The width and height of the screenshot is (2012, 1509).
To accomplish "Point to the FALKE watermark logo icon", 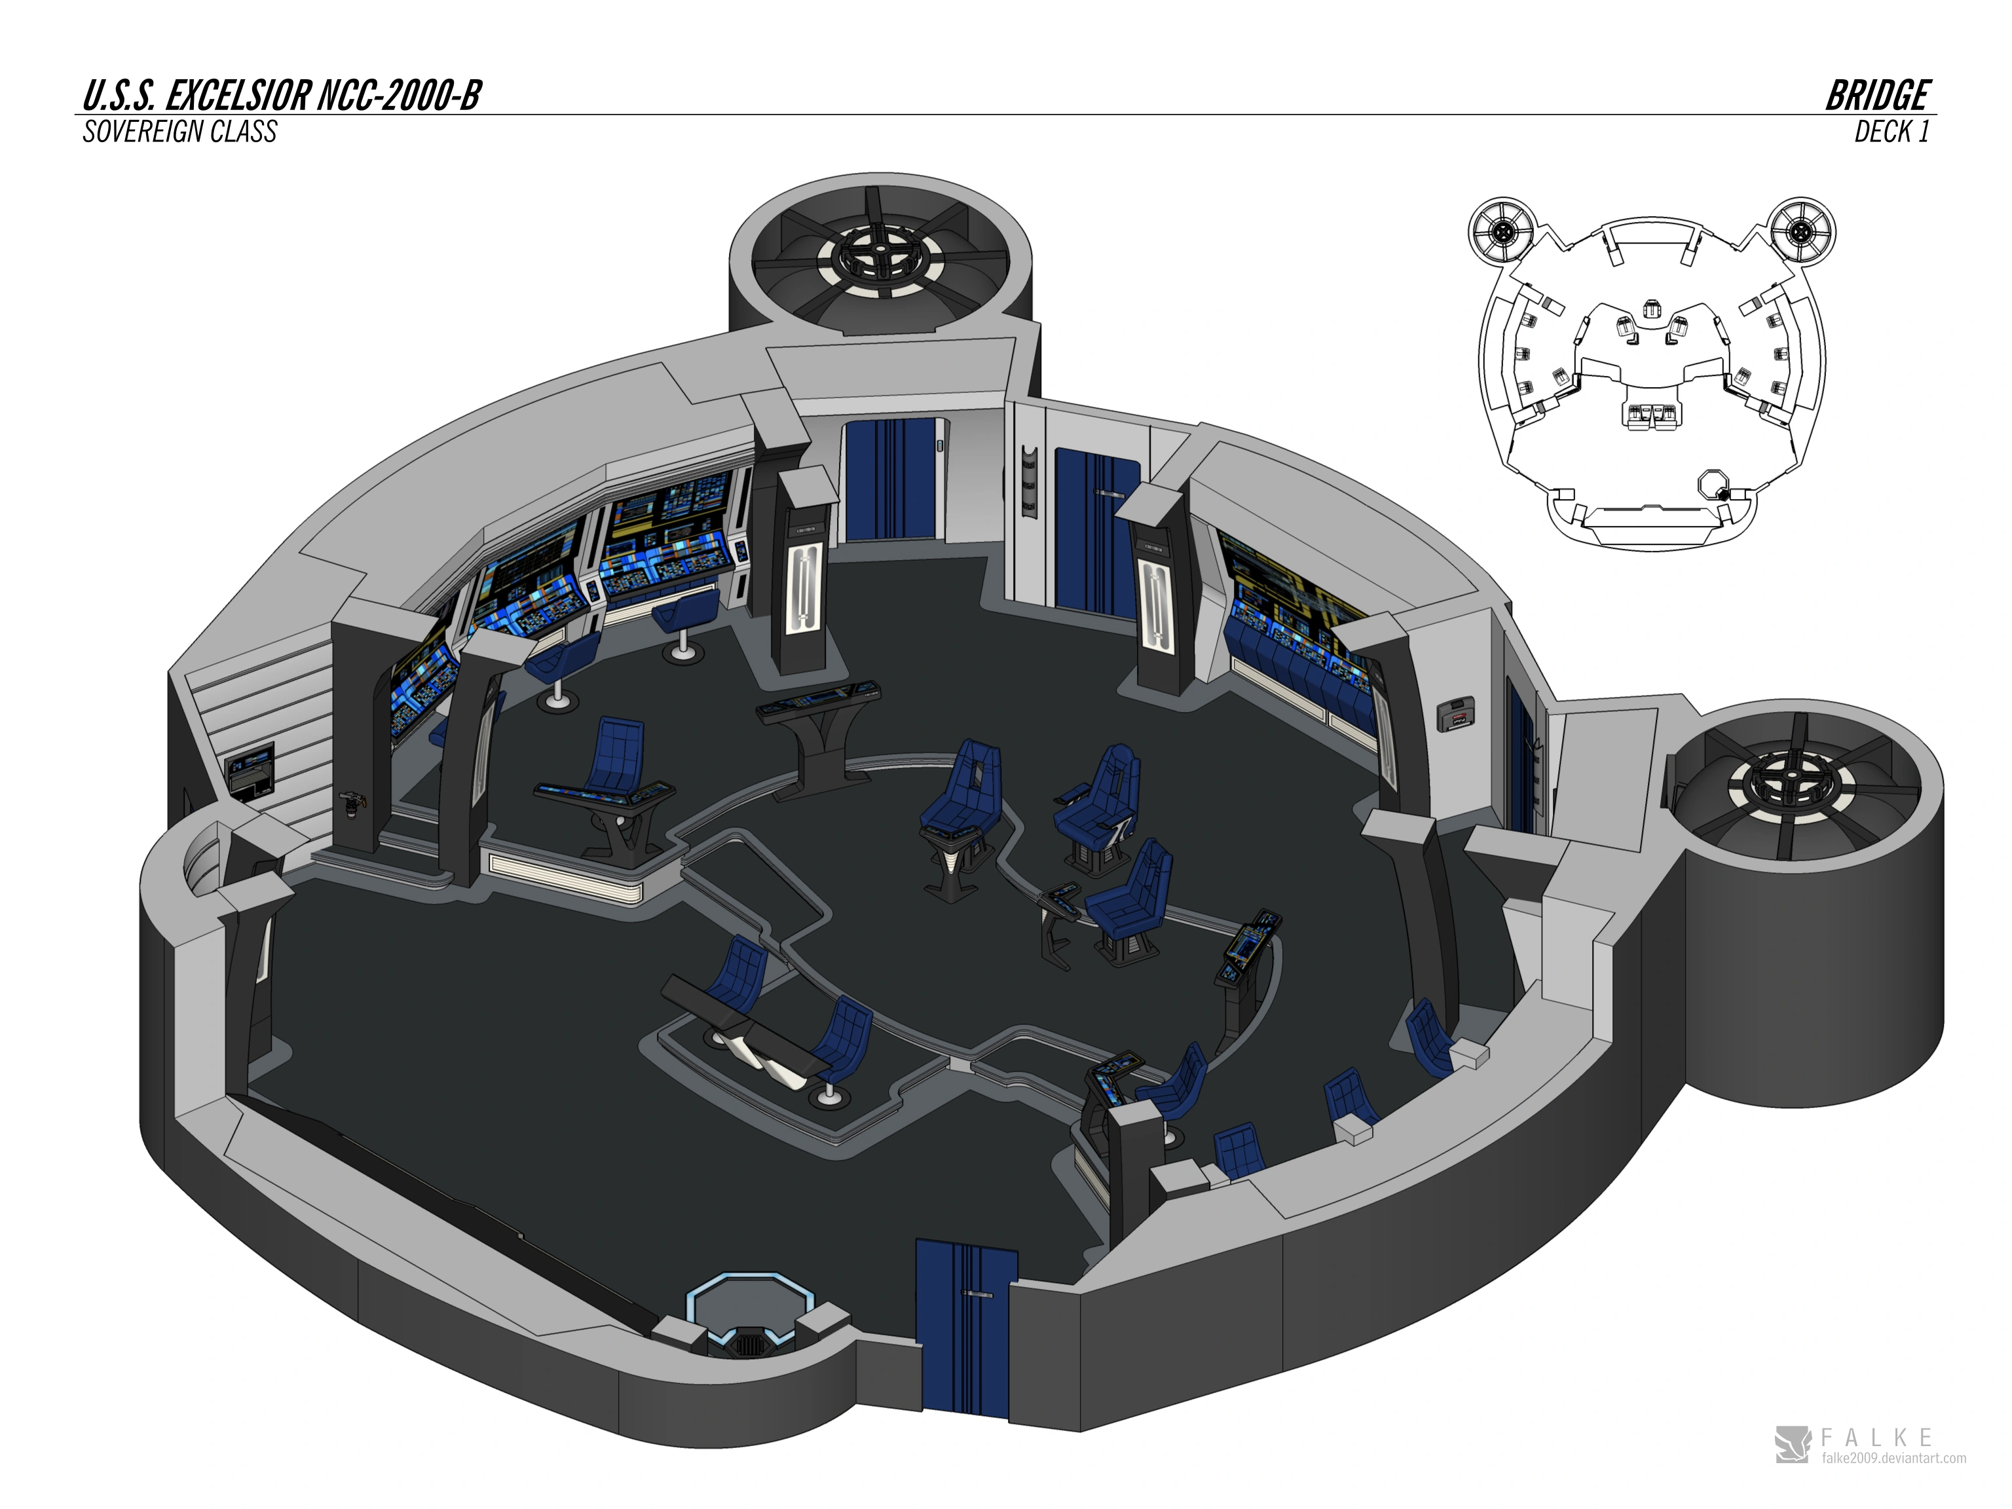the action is click(x=1792, y=1444).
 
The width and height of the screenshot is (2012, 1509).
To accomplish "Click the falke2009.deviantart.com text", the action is click(x=1893, y=1458).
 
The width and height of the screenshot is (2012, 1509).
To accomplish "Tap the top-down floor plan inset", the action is click(x=1651, y=373).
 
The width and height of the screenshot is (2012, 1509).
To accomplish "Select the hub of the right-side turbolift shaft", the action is click(x=1795, y=784).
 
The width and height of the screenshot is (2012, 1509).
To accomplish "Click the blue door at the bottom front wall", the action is click(x=965, y=1329).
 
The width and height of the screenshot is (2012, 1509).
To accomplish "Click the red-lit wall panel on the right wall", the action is click(x=1455, y=714).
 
